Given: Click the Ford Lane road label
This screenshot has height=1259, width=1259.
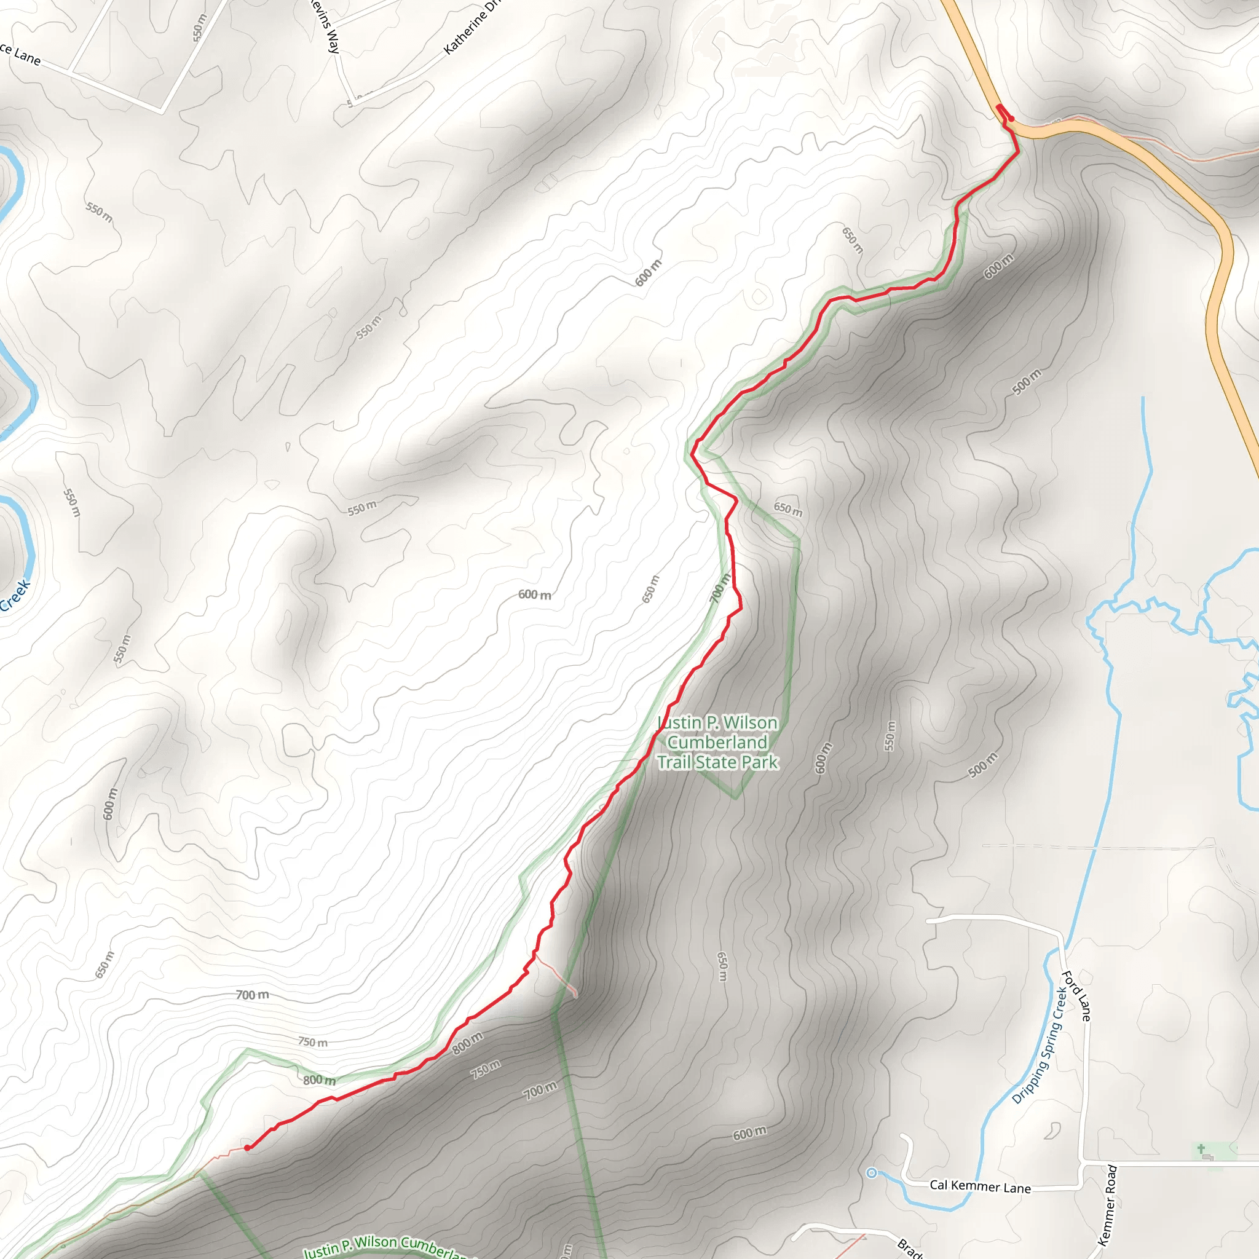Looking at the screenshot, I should [x=1076, y=997].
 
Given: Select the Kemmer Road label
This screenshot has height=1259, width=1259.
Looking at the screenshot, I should [x=1107, y=1205].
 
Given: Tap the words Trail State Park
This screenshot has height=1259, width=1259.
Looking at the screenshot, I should [x=717, y=762].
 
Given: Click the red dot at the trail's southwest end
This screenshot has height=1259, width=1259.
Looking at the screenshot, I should [x=247, y=1148].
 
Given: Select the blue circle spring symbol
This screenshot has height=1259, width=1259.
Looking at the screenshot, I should [x=871, y=1173].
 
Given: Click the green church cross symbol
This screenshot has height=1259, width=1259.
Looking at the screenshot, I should [x=1201, y=1149].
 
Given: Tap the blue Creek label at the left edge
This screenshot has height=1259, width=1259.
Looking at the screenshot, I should [x=15, y=595].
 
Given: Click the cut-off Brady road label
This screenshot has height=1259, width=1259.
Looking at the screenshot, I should [x=909, y=1248].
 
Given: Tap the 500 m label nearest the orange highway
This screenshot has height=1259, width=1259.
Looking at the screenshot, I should [x=1027, y=382].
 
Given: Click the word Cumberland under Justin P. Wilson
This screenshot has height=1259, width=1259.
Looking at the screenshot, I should [x=717, y=742].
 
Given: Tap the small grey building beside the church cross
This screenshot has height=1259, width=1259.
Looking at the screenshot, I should [x=1207, y=1158].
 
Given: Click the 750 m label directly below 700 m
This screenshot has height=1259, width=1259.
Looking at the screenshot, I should [x=313, y=1042].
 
